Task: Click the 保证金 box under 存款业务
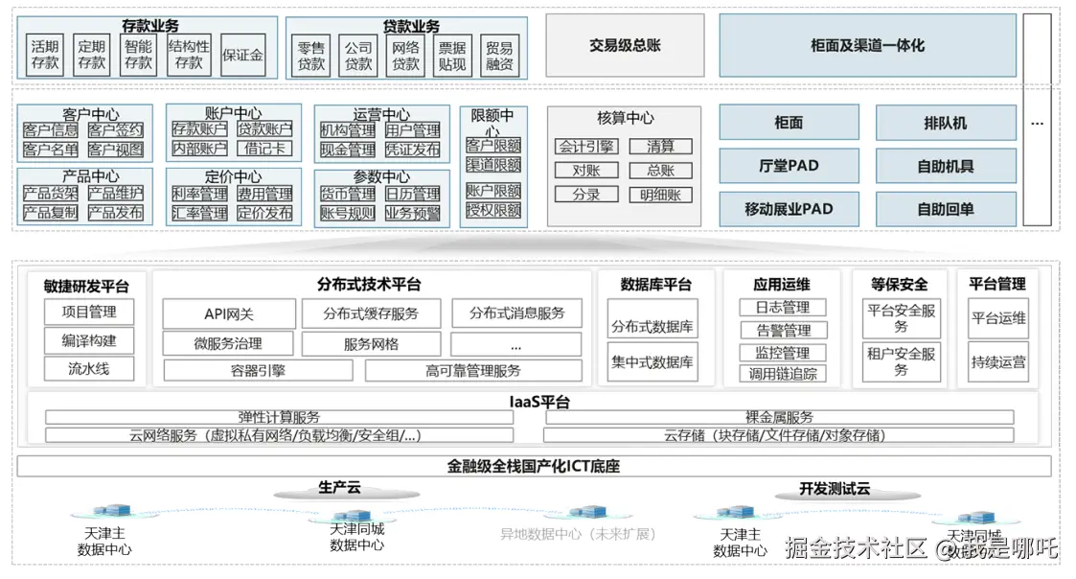tap(242, 56)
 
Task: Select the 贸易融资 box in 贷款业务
tap(498, 56)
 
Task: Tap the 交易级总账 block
tap(625, 45)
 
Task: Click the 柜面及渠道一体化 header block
tap(867, 45)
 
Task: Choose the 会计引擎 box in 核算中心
tap(586, 147)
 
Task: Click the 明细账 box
tap(660, 195)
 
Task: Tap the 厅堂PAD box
tap(789, 166)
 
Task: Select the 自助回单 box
tap(945, 209)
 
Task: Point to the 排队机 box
tap(945, 123)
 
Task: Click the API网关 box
tap(228, 313)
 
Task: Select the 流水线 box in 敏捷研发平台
tap(88, 368)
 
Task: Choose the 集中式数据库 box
tap(652, 363)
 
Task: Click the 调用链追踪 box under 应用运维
tap(783, 374)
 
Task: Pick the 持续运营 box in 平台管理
tap(997, 362)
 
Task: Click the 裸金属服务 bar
tap(779, 417)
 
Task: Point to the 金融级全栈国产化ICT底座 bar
tap(534, 467)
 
